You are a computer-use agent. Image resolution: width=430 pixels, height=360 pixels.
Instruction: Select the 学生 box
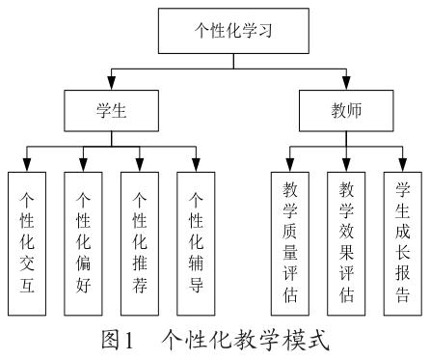coord(111,111)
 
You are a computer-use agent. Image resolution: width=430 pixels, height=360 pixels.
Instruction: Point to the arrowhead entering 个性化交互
coord(28,165)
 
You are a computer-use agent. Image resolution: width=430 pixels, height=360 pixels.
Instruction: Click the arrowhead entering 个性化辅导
coord(196,165)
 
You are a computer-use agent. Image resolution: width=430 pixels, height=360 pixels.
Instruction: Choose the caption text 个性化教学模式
coord(245,342)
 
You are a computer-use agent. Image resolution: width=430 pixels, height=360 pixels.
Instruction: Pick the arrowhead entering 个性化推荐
coord(140,165)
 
